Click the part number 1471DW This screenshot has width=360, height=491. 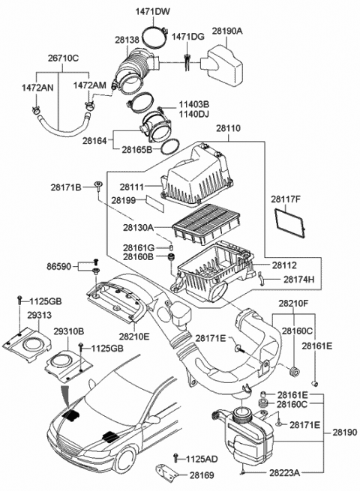pos(152,10)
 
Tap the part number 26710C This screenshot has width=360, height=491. pos(64,56)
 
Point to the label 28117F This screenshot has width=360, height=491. pos(286,199)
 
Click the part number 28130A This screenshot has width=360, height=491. pos(138,226)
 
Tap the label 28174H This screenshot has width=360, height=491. pos(299,279)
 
